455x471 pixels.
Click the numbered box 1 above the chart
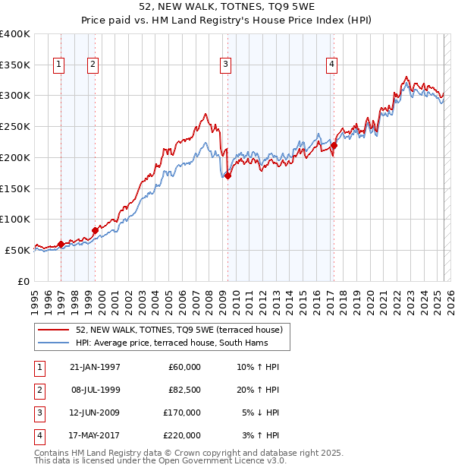click(x=59, y=65)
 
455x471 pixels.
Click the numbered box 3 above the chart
click(x=226, y=65)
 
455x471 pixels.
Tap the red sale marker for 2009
click(x=227, y=175)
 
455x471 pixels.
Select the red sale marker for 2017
click(x=334, y=145)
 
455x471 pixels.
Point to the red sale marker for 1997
click(x=61, y=244)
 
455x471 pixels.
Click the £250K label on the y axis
click(x=15, y=127)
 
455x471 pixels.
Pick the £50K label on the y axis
click(x=18, y=250)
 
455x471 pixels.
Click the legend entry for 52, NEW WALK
click(x=179, y=330)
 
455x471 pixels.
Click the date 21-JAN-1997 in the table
click(x=95, y=367)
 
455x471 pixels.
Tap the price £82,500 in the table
click(x=184, y=390)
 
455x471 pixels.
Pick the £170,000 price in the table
click(x=184, y=413)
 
